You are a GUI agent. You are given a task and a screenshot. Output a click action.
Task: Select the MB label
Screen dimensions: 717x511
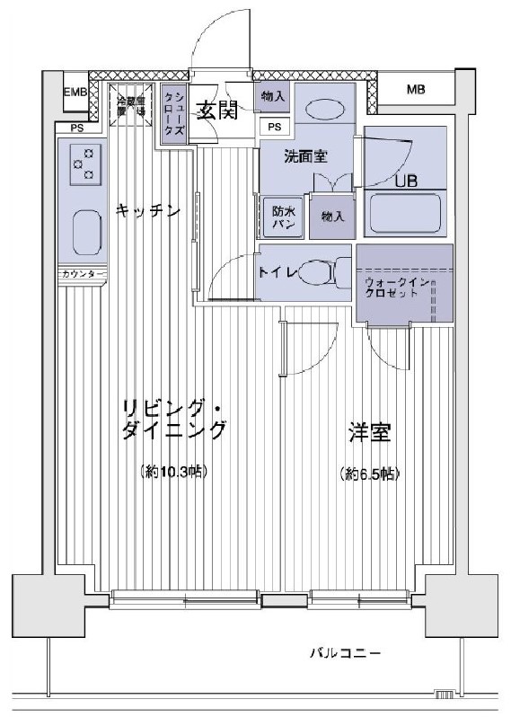pos(416,89)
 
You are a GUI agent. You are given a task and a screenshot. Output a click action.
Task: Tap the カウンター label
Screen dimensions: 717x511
pos(83,273)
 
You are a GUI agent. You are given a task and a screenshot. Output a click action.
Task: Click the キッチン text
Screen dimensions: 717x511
pos(148,210)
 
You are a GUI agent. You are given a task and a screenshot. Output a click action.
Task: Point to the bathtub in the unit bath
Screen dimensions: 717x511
pos(405,214)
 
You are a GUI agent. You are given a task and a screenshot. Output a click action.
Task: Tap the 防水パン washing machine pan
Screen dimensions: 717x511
pos(280,217)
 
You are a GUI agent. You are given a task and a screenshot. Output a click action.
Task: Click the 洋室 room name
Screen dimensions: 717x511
pos(369,433)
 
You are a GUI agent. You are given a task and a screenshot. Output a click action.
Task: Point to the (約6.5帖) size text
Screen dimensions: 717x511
pos(369,473)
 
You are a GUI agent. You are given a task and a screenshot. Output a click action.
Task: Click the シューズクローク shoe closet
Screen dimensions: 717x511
pos(174,114)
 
